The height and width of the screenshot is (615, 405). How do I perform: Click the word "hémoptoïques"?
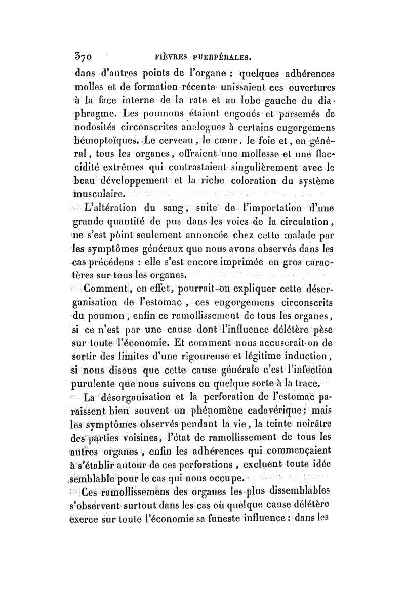(x=100, y=139)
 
